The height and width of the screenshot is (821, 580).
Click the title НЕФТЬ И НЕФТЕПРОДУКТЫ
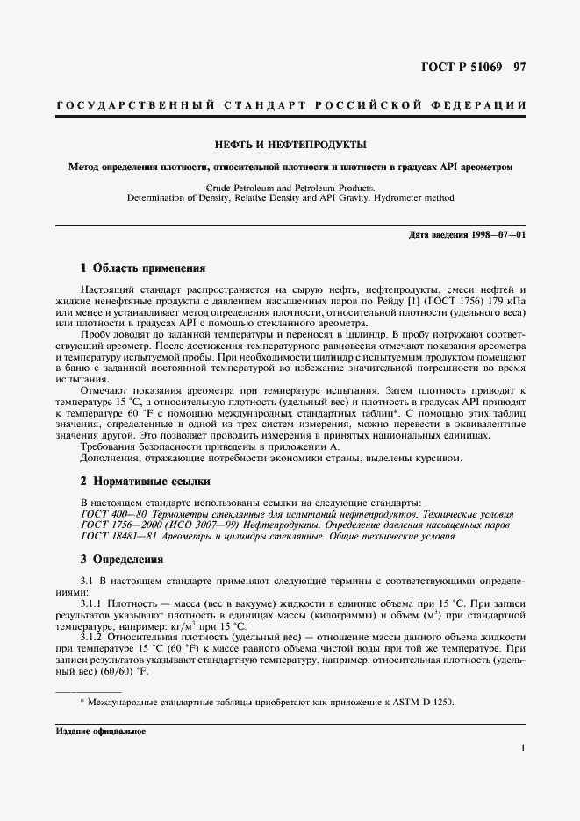(x=290, y=145)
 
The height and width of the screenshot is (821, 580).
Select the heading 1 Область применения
(x=142, y=268)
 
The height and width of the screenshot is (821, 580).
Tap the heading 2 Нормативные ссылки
(x=145, y=481)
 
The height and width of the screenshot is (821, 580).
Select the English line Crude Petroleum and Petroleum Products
(x=290, y=188)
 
